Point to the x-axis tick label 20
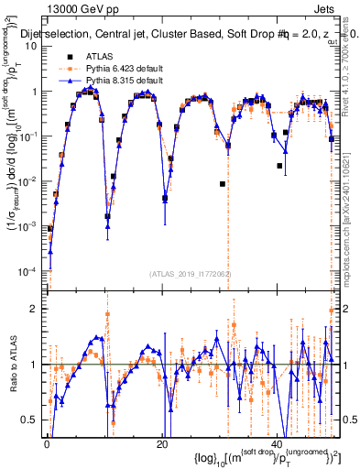(161, 444)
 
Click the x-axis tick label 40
(277, 444)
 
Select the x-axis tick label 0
(47, 444)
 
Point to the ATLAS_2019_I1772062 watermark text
(191, 273)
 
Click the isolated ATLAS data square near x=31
(223, 183)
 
